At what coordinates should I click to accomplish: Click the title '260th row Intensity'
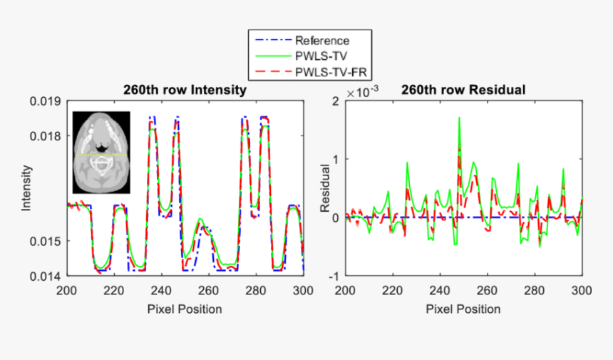[185, 91]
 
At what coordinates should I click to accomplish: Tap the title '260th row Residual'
[463, 91]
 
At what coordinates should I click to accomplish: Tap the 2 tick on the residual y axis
[335, 101]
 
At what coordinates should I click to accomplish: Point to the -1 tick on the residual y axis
[333, 275]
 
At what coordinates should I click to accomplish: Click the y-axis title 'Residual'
[325, 188]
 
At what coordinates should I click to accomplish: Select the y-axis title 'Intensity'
[27, 188]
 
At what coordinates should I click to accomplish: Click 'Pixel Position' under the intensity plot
[185, 309]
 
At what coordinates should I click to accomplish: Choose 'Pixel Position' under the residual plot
[463, 309]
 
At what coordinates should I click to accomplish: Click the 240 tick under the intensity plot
[161, 291]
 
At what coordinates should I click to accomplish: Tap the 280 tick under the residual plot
[535, 291]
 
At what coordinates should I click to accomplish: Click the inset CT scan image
[101, 153]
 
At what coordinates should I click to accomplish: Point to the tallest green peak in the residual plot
[459, 118]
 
